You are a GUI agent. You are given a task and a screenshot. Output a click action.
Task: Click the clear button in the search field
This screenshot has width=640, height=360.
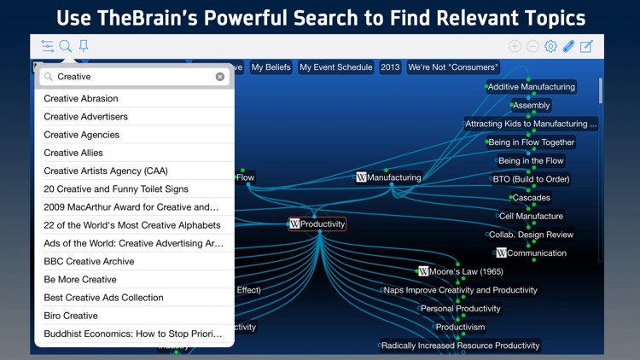tap(220, 77)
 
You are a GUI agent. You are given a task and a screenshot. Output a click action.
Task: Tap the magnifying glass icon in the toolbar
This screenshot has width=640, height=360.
tap(66, 46)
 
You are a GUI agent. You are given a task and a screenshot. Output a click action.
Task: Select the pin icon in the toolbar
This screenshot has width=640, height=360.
tap(84, 46)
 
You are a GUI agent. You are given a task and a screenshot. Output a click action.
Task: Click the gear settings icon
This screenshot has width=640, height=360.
tap(550, 46)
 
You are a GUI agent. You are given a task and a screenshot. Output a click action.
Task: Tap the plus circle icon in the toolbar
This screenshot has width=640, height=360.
tap(515, 46)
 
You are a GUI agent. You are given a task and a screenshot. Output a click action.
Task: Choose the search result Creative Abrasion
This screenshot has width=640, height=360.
tap(81, 98)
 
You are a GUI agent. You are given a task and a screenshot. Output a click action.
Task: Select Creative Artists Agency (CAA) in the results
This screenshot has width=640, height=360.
tap(106, 171)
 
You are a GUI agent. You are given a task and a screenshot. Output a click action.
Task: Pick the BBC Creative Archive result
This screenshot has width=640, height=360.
tap(89, 261)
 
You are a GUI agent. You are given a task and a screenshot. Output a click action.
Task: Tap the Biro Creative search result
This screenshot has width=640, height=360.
tap(71, 316)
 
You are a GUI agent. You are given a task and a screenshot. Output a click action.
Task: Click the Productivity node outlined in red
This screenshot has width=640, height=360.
tap(317, 224)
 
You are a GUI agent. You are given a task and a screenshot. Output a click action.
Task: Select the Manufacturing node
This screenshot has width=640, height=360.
tap(389, 177)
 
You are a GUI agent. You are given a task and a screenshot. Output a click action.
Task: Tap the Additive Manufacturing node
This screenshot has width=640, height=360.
tap(531, 86)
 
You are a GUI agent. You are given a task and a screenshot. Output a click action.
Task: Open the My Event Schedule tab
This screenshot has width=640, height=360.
tap(335, 67)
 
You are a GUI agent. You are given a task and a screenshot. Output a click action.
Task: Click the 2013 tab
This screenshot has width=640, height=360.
tap(390, 67)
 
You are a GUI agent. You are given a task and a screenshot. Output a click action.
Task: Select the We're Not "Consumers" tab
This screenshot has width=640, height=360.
tap(452, 67)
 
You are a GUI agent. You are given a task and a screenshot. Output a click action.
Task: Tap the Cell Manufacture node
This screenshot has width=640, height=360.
tap(531, 216)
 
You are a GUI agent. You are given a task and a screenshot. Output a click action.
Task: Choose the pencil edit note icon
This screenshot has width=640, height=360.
tap(586, 46)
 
